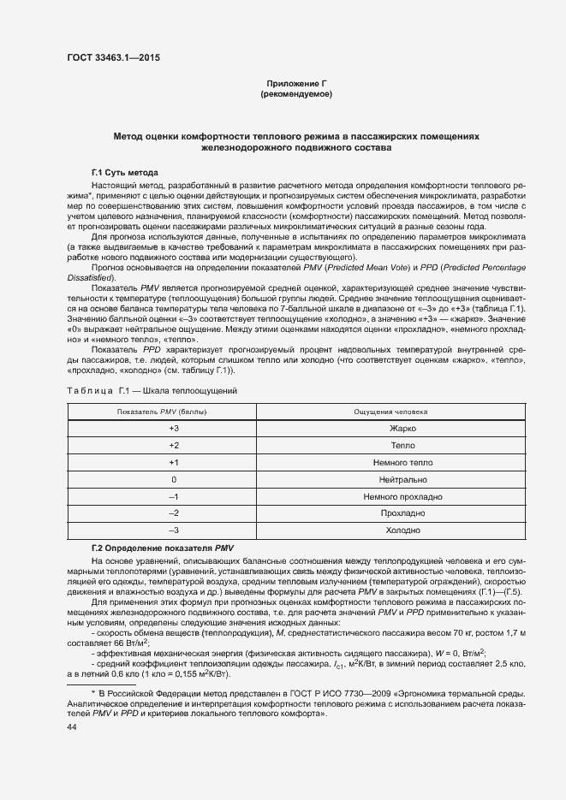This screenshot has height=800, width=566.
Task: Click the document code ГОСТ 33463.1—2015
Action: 112,57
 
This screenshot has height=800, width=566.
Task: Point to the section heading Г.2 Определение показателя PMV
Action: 162,547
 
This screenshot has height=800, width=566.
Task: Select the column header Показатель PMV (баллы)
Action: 174,412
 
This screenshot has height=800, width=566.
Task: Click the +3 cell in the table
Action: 174,429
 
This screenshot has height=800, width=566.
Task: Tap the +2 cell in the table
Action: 174,446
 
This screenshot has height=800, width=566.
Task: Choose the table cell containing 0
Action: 174,479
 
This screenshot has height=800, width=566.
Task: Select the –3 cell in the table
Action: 174,530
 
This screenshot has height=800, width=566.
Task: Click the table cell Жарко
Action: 402,429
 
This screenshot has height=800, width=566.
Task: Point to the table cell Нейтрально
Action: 402,479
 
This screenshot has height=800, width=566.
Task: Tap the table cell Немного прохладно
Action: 402,496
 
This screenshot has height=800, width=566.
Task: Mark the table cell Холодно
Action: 402,530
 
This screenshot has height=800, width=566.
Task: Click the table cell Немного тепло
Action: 402,463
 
